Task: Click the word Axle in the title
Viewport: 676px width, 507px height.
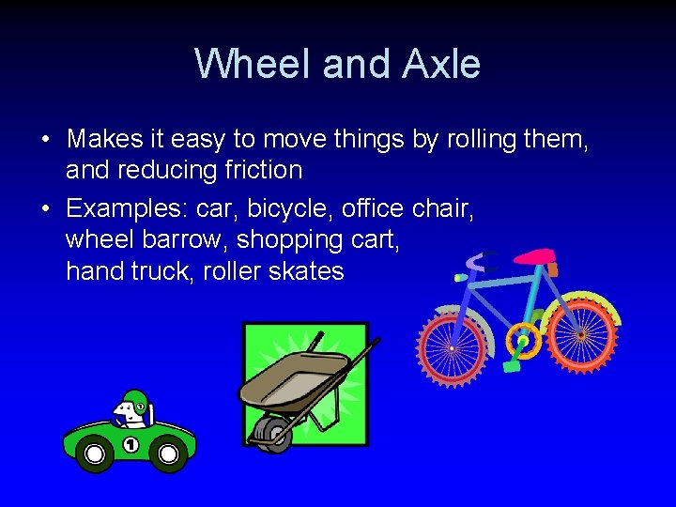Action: (441, 64)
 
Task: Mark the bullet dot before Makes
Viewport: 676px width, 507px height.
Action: (45, 140)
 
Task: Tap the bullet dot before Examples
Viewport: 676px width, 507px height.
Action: (45, 207)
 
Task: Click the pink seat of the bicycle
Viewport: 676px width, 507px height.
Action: (534, 255)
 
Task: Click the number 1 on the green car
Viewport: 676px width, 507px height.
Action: (130, 444)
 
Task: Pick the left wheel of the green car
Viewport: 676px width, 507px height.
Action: (94, 455)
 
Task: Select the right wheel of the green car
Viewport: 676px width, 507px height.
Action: (169, 455)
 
